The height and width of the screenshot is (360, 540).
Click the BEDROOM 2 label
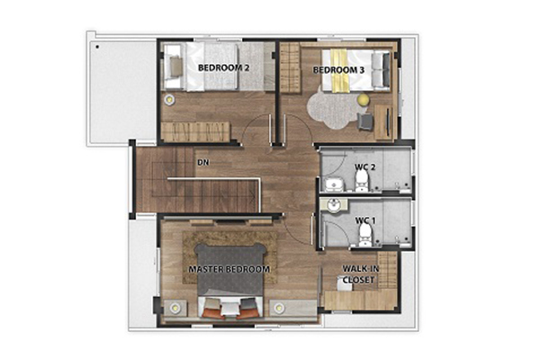coord(223,67)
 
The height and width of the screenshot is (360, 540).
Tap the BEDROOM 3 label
coord(338,70)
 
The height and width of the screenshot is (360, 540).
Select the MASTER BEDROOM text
coord(229,269)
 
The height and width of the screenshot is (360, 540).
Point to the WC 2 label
coord(365,167)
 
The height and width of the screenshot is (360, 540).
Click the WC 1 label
coord(365,220)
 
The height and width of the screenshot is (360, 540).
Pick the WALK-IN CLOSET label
coord(358,274)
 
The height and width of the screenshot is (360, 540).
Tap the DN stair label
coord(203,162)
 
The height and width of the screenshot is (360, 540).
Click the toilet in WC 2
coord(361,181)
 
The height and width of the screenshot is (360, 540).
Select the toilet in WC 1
coord(365,237)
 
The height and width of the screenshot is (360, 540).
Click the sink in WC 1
coord(333,206)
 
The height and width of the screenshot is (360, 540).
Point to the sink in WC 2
coord(333,184)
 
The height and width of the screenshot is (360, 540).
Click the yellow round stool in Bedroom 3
coord(363,100)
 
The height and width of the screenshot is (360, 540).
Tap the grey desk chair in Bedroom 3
coord(364,121)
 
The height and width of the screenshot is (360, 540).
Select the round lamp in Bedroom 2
coord(169,100)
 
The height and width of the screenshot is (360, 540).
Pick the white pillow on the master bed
coord(229,309)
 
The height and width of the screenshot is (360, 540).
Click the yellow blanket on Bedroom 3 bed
coord(340,70)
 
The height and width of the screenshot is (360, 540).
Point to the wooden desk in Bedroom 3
coord(384,122)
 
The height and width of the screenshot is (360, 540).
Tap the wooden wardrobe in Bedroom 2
coord(195,131)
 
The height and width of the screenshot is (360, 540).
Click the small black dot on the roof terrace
coord(97,47)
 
